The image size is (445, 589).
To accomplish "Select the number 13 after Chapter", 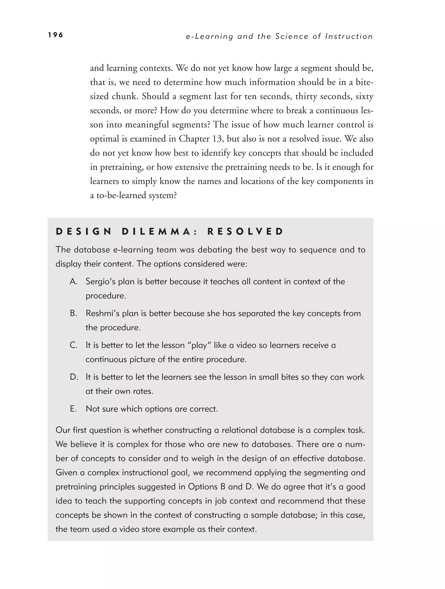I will tap(219, 139).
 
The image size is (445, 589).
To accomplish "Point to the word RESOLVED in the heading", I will tap(245, 232).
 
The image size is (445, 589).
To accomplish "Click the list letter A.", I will tap(73, 281).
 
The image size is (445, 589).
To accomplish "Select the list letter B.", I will tap(73, 313).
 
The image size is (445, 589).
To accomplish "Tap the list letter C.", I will tap(73, 345).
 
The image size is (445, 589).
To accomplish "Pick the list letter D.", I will tap(74, 377).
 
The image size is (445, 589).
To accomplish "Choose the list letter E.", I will tap(73, 409).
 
